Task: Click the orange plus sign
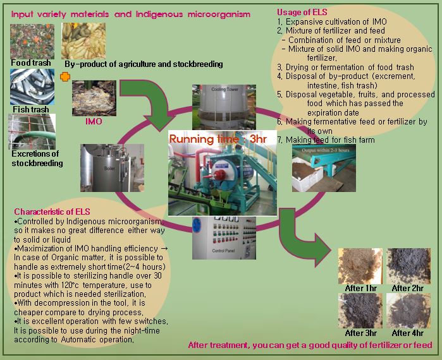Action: [64, 77]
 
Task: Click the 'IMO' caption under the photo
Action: [93, 121]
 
